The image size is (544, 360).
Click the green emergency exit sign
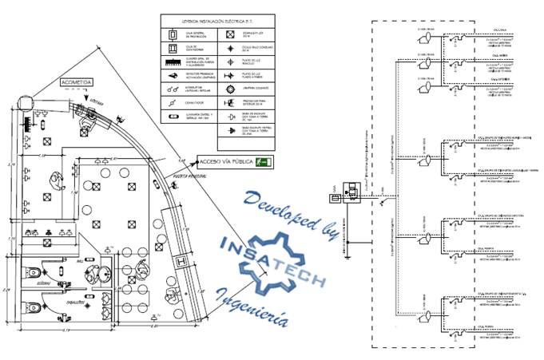261,162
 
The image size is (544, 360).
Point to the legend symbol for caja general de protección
171,35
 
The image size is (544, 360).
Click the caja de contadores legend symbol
171,48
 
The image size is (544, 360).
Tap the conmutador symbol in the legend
171,102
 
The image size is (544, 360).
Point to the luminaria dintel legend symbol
171,116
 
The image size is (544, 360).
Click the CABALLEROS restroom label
75,303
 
